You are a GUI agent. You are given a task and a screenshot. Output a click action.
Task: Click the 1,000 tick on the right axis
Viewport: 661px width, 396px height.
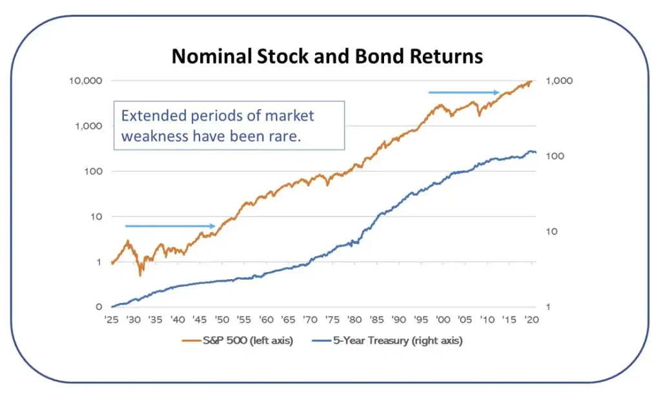pos(559,81)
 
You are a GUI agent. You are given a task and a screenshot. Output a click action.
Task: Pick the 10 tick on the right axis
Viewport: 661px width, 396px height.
pos(554,231)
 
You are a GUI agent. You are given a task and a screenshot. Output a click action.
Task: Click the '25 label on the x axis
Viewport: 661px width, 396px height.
pos(112,320)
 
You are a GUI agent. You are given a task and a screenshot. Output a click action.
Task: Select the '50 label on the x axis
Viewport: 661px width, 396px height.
pos(221,320)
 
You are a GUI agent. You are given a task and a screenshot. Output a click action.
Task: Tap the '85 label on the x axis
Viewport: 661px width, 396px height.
pos(376,320)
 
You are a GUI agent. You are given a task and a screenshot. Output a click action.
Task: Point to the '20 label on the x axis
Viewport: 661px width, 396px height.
pos(531,320)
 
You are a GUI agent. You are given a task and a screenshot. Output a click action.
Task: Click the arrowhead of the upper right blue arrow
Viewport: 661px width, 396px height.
pos(498,92)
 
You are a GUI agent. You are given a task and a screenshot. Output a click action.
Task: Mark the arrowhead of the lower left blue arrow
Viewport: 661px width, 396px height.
pos(212,226)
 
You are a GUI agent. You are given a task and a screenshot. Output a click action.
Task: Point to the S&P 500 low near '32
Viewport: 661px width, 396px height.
pos(141,275)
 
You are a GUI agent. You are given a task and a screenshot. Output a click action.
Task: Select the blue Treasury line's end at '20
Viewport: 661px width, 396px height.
pos(535,152)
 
